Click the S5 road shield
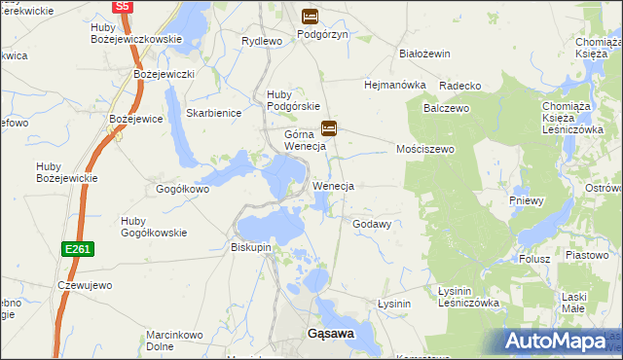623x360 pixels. tap(122, 6)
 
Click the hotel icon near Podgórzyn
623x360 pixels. tap(310, 16)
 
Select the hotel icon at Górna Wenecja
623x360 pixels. tap(329, 127)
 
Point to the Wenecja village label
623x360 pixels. tap(332, 185)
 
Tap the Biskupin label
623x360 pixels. tap(250, 247)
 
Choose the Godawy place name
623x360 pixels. tap(372, 224)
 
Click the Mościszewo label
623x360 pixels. tap(425, 150)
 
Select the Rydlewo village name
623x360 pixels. tap(262, 41)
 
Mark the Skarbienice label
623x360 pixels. tap(213, 113)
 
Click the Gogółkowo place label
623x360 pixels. tap(183, 189)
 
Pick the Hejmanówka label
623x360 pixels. tap(395, 85)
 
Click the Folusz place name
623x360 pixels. tap(534, 259)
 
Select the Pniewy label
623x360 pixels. tap(527, 200)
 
